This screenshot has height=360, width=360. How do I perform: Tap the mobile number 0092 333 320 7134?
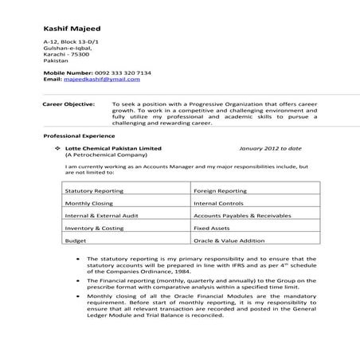[119, 73]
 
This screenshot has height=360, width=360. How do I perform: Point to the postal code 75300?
[80, 53]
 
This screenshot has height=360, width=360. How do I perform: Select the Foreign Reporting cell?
[219, 192]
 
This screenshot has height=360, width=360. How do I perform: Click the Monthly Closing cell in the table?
[88, 204]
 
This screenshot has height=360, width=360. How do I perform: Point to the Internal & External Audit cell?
[100, 216]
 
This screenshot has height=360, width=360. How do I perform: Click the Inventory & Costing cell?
[93, 228]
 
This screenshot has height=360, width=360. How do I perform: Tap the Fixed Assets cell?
[212, 228]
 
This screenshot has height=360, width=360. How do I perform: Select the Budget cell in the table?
[76, 240]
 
